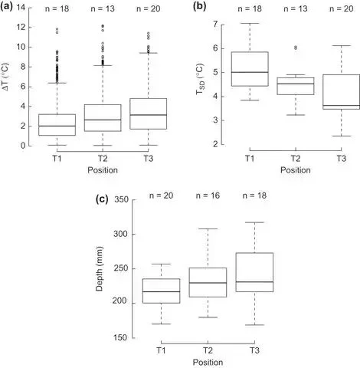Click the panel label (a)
6,6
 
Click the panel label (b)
199,6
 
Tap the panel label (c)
102,199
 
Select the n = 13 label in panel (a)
103,8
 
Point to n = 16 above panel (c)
208,195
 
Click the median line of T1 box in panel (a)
57,126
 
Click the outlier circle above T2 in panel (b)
296,48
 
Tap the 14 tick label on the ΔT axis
21,8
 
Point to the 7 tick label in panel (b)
216,25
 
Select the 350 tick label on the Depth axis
121,199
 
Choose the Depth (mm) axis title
100,268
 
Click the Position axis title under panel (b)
296,170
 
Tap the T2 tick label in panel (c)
208,350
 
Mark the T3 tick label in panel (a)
149,159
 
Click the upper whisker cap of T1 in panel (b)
250,23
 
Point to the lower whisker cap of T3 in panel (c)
254,325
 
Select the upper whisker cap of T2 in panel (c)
208,228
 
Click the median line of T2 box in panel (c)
208,283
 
